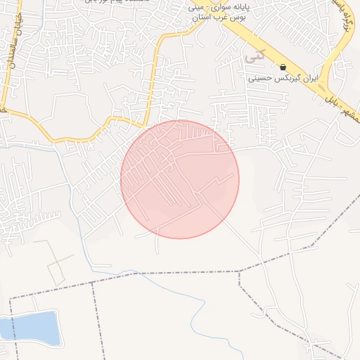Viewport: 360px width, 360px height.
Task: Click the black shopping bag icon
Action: [283, 67]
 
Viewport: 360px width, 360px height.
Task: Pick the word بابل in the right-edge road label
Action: [329, 105]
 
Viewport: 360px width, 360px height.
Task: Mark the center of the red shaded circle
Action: [180, 179]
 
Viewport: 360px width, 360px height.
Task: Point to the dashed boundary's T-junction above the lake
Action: [93, 283]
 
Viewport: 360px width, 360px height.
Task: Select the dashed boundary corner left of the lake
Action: [11, 299]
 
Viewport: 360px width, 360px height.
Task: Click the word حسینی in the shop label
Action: [264, 79]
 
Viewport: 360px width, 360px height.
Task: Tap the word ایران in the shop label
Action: [309, 79]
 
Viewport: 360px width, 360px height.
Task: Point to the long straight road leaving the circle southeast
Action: [239, 232]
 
